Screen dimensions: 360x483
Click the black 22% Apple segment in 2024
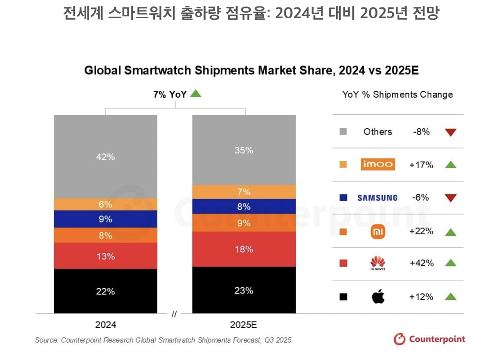105,291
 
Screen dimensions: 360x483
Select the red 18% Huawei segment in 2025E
244,249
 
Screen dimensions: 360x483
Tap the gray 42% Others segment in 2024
105,157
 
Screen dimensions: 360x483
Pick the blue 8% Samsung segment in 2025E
244,207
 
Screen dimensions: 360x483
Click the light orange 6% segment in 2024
105,204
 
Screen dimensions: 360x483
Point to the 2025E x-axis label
243,325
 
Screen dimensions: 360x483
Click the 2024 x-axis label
105,325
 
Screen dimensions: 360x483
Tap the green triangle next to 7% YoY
196,93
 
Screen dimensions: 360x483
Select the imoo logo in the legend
378,165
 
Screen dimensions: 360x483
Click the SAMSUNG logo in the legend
378,198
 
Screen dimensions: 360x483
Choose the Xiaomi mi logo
378,231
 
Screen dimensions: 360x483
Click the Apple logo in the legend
378,296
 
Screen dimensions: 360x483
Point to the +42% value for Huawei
421,263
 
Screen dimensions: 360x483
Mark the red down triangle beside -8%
450,132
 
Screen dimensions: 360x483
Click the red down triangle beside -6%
450,198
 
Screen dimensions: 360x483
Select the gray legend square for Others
344,132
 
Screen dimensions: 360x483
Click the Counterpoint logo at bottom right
429,339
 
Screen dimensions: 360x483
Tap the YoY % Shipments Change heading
397,95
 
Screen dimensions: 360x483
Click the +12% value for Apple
421,296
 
